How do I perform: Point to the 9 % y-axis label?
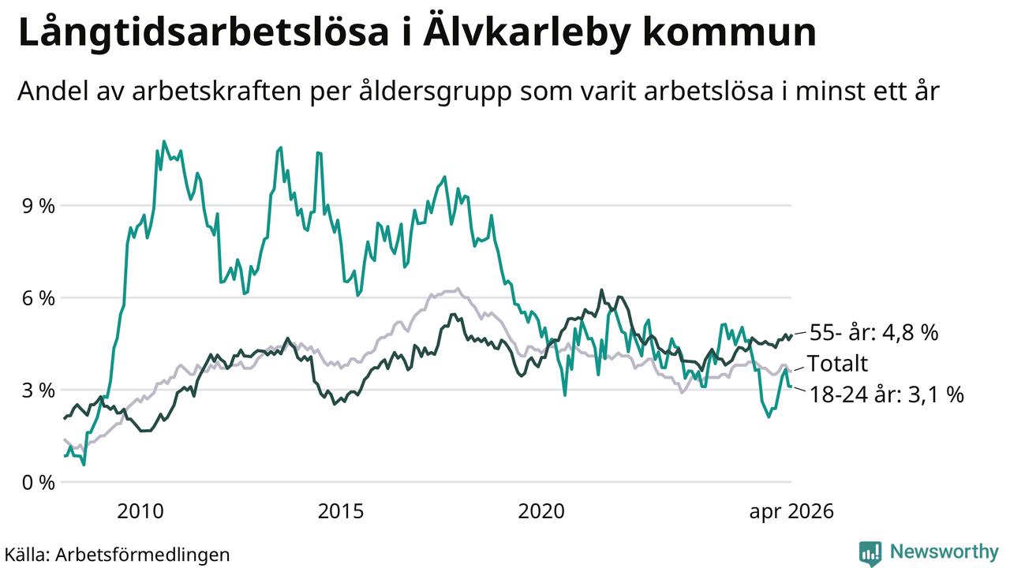pyautogui.click(x=39, y=206)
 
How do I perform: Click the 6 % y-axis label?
pyautogui.click(x=39, y=298)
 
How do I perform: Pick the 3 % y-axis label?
pyautogui.click(x=39, y=390)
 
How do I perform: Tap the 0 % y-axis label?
pyautogui.click(x=39, y=482)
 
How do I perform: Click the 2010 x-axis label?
pyautogui.click(x=140, y=511)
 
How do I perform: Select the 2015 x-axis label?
pyautogui.click(x=340, y=511)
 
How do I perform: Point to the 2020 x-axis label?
pyautogui.click(x=541, y=511)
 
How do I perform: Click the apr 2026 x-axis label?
pyautogui.click(x=791, y=512)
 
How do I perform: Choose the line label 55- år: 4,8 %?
pyautogui.click(x=873, y=333)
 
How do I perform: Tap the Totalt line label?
pyautogui.click(x=837, y=364)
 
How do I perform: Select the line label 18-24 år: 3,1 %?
pyautogui.click(x=886, y=394)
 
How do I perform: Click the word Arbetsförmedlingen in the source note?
pyautogui.click(x=143, y=555)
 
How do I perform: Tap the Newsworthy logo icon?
pyautogui.click(x=870, y=553)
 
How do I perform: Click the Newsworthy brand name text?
pyautogui.click(x=945, y=552)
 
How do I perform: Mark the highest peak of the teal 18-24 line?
pyautogui.click(x=163, y=141)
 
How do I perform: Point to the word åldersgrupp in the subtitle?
pyautogui.click(x=435, y=92)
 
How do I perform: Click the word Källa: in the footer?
pyautogui.click(x=27, y=555)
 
